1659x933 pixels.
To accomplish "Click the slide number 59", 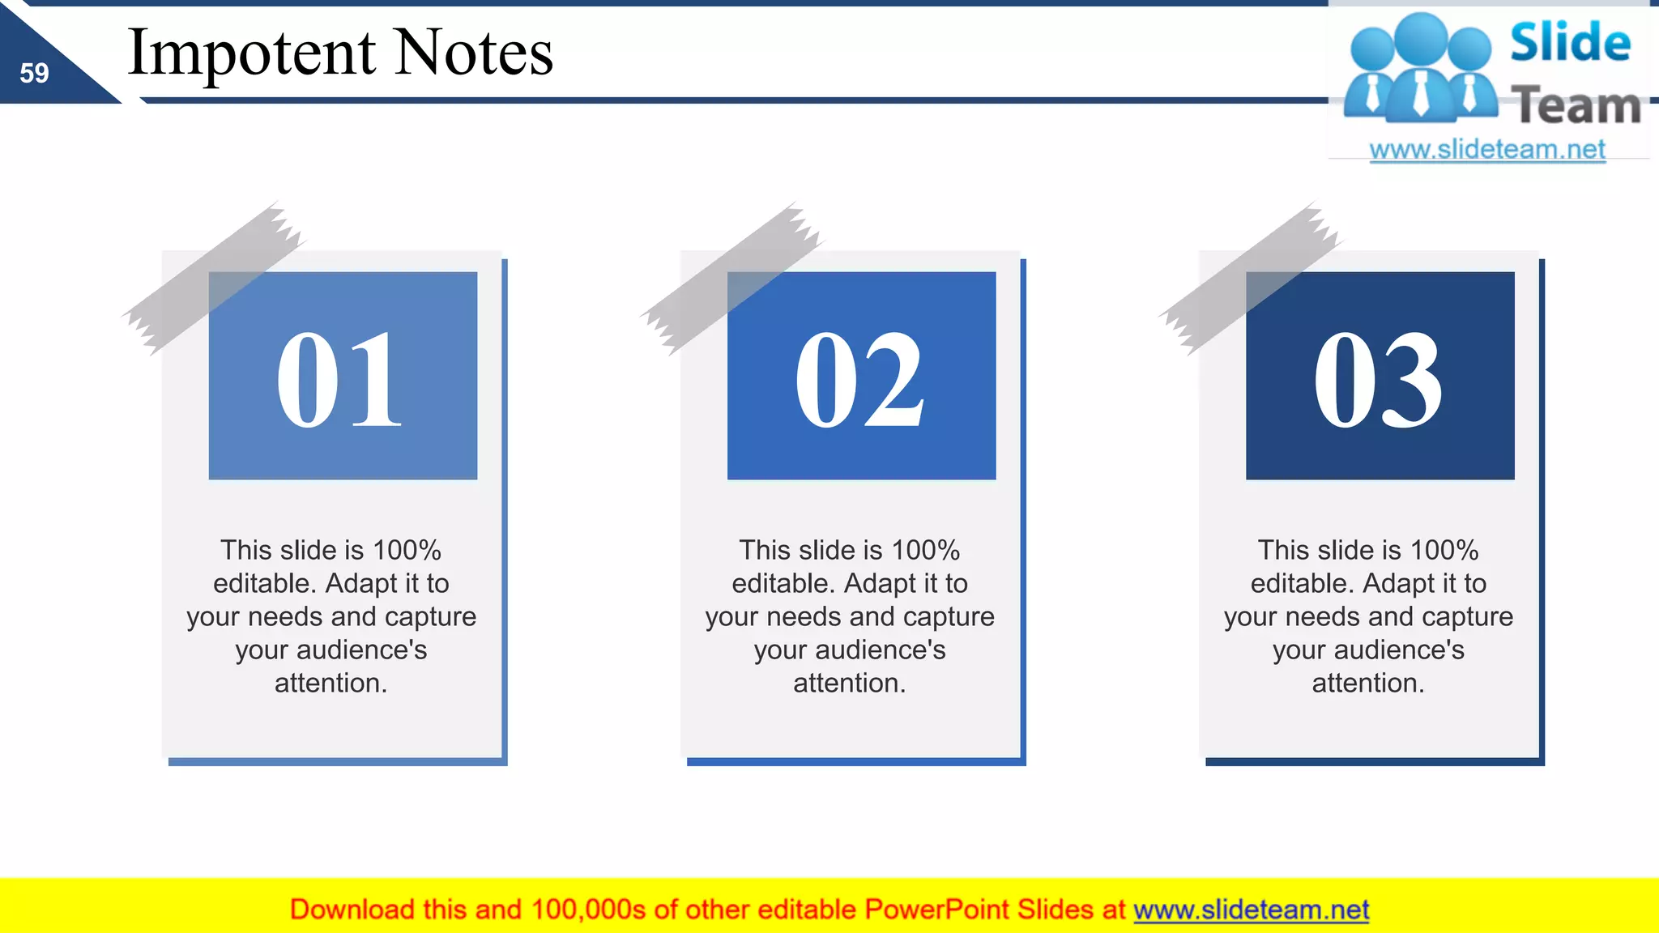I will tap(34, 74).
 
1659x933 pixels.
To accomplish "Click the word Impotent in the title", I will tap(251, 53).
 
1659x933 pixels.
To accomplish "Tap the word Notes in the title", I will tap(475, 53).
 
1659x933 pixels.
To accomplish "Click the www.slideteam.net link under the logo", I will tap(1487, 149).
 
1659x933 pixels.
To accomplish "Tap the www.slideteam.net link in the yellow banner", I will tap(1251, 910).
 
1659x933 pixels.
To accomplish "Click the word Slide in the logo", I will tap(1570, 42).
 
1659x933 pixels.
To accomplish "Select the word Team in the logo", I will tap(1576, 105).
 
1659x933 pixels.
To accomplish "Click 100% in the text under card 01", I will tap(407, 551).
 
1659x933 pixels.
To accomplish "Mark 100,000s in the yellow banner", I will tap(588, 910).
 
